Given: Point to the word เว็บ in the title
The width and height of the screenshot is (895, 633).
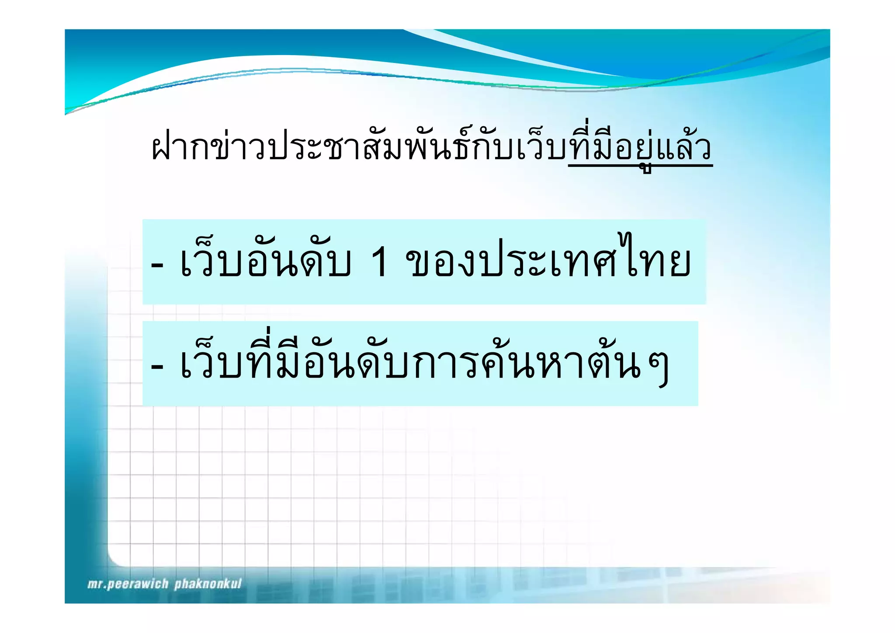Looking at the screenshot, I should coord(541,148).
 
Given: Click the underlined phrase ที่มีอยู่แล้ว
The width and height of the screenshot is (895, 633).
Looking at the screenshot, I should coord(640,148).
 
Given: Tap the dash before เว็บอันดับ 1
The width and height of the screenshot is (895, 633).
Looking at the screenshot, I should coord(157,264).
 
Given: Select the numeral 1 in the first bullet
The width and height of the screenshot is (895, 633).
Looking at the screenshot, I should coord(379,261).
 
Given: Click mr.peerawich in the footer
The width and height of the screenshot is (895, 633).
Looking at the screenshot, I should coord(128,584).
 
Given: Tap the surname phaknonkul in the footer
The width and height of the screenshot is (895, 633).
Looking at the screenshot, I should coord(208,584).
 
